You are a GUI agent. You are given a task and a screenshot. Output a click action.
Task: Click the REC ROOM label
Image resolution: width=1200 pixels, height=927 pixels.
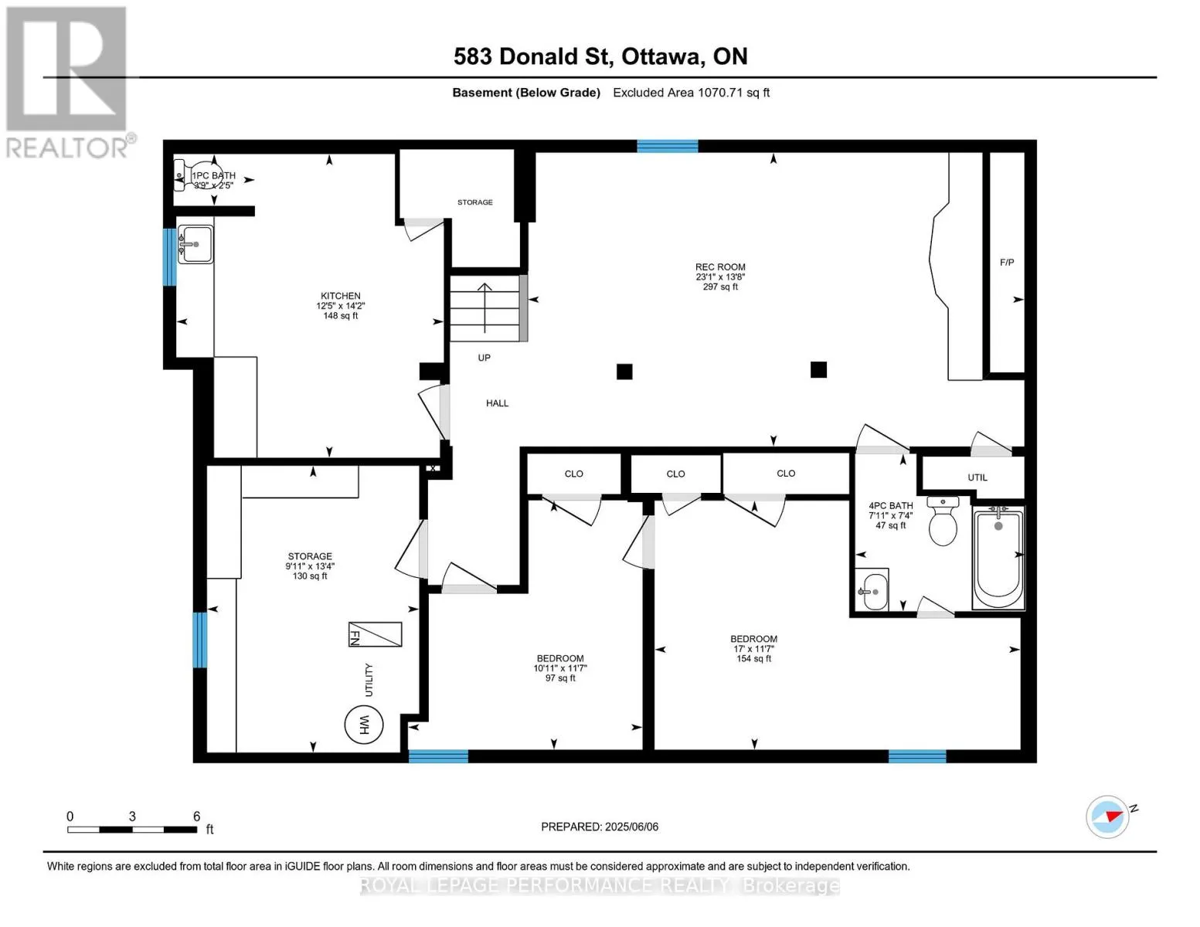tap(720, 267)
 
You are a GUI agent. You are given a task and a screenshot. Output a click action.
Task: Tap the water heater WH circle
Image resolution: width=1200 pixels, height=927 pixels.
tap(364, 725)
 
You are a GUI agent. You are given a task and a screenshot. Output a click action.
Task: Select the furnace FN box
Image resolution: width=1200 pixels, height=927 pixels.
tap(375, 634)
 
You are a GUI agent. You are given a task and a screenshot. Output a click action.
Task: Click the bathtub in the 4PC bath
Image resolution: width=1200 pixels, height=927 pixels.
tap(998, 558)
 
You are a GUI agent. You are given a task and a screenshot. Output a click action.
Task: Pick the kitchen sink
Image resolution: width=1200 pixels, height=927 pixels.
tap(195, 244)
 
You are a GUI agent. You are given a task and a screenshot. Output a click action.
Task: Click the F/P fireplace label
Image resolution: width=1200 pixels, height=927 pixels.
tap(1007, 263)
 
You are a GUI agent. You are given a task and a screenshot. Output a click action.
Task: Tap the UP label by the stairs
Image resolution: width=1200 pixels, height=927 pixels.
tap(484, 358)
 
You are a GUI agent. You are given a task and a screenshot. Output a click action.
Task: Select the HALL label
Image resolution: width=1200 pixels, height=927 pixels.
tap(497, 403)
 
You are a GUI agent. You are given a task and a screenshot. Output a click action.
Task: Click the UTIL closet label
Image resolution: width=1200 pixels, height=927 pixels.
tap(977, 477)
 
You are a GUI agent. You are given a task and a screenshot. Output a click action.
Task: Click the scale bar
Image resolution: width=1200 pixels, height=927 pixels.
tap(132, 830)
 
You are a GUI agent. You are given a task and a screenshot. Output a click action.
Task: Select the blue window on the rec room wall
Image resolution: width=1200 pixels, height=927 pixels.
tap(667, 146)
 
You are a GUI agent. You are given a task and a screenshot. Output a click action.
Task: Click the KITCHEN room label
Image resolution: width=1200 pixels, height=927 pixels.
tap(341, 296)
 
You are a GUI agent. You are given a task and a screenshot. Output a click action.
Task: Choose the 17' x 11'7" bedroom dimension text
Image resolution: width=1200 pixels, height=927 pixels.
tap(754, 649)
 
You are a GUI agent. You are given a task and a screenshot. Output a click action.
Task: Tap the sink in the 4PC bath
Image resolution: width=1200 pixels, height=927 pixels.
tap(875, 591)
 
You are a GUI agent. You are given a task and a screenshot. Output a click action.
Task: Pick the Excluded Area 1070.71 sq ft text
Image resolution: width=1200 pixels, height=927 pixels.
tap(691, 93)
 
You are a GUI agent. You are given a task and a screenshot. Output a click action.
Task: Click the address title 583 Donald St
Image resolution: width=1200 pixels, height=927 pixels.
tap(531, 56)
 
